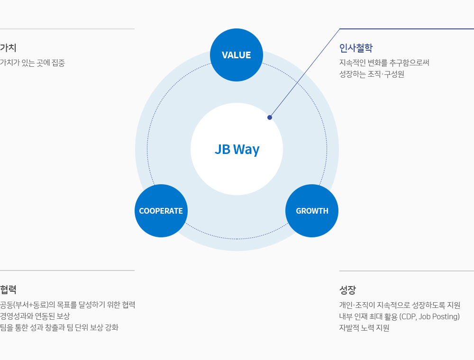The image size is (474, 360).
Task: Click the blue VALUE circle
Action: click(237, 55)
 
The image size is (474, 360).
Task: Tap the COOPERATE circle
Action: click(161, 211)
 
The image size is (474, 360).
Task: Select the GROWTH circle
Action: click(312, 211)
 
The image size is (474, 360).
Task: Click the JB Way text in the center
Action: click(237, 150)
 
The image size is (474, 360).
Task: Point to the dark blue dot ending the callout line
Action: click(270, 117)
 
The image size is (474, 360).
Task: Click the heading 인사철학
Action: click(356, 48)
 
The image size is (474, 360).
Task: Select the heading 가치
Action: click(8, 48)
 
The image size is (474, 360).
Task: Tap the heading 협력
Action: click(8, 289)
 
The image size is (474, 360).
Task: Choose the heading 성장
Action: click(347, 290)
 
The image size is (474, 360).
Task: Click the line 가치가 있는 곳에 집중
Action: click(32, 63)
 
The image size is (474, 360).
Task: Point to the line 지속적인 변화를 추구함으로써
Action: click(384, 63)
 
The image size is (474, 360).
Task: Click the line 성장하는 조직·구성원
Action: click(372, 74)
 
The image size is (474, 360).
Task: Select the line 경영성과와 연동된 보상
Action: click(35, 316)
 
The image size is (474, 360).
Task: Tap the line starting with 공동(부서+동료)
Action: click(67, 305)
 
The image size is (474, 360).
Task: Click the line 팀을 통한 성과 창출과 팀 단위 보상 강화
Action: click(59, 328)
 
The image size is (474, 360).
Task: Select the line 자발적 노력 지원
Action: click(364, 328)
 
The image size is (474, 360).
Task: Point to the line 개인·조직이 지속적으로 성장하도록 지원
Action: click(400, 306)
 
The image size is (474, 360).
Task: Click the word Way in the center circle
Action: click(246, 150)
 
